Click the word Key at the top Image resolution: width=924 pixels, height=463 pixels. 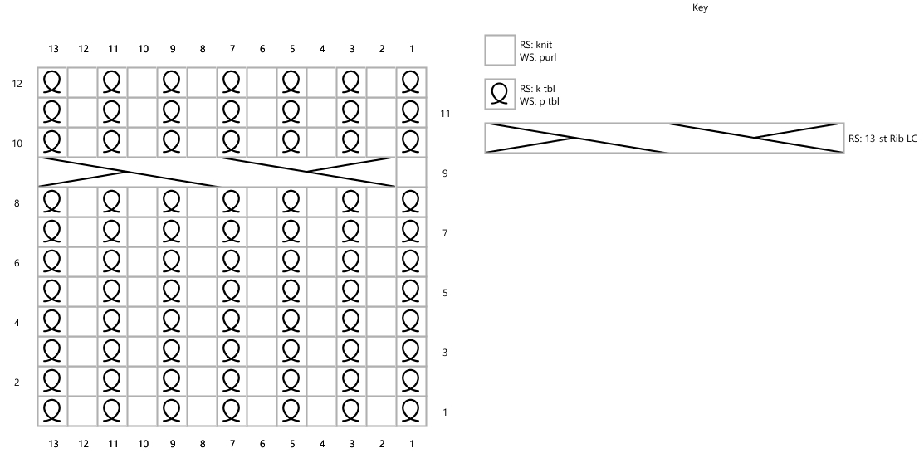click(x=700, y=7)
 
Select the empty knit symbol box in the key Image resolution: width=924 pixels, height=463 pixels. click(x=500, y=50)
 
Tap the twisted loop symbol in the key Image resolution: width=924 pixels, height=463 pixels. click(x=500, y=95)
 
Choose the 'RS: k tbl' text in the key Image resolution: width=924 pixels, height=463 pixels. click(x=537, y=89)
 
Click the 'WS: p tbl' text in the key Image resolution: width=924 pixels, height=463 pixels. click(x=539, y=101)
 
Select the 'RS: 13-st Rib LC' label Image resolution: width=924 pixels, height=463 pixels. click(x=882, y=139)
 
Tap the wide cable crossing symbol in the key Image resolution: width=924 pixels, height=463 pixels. click(x=665, y=139)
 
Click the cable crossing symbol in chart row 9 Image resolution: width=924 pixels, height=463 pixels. click(x=217, y=172)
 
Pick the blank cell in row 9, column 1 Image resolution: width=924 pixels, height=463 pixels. click(x=411, y=172)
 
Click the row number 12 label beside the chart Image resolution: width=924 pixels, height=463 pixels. click(x=17, y=84)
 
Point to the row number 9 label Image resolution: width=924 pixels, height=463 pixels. click(x=446, y=173)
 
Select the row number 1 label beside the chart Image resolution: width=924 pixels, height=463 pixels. click(x=445, y=412)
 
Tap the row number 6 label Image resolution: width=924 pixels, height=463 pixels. click(x=17, y=263)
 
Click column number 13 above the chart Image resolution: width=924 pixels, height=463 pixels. click(x=53, y=49)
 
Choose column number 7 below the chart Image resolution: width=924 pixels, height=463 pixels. click(x=232, y=444)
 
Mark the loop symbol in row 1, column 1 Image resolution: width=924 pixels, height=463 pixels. click(x=410, y=411)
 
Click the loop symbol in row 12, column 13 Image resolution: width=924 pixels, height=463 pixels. click(x=51, y=82)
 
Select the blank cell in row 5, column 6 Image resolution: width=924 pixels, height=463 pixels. click(x=262, y=291)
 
